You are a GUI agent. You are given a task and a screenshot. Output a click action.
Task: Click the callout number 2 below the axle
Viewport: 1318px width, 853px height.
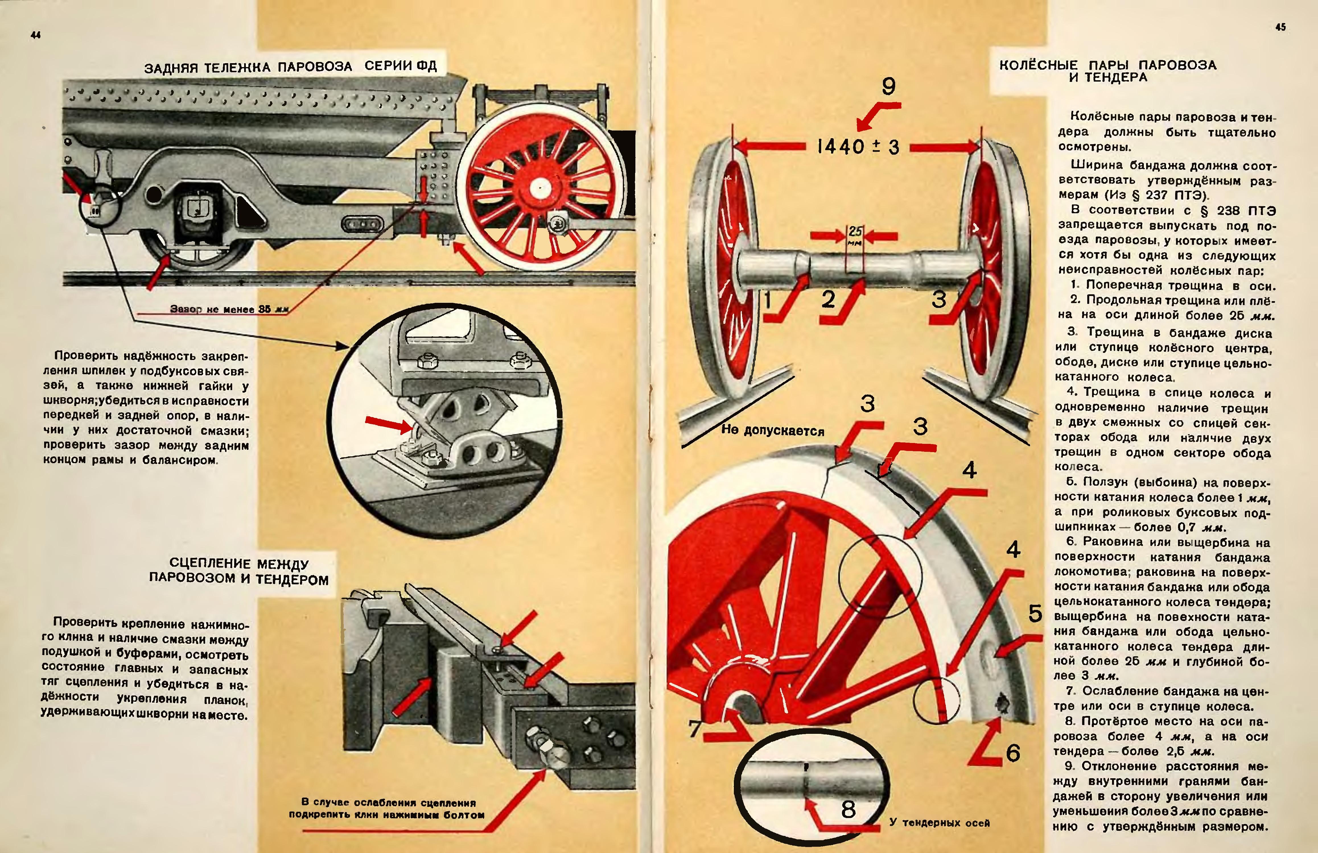point(828,299)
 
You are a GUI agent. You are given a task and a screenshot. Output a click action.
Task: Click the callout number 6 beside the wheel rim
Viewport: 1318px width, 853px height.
point(1013,753)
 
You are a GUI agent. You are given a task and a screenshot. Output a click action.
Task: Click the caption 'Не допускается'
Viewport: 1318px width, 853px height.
point(773,431)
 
